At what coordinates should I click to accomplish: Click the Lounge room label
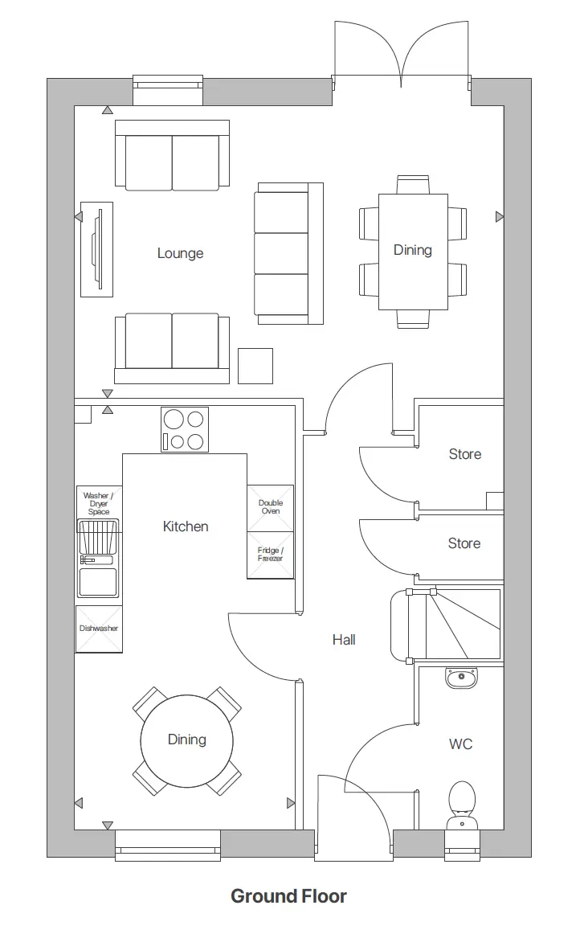coord(180,253)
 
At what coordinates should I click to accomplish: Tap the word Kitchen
coord(186,526)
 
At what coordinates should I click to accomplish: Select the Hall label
coord(344,640)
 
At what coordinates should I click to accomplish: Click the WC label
coord(460,744)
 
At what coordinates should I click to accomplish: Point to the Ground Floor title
coord(288,896)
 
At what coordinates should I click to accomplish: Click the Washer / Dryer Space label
coord(99,503)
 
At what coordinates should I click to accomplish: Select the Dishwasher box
coord(99,629)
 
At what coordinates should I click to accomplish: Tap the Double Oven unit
coord(270,507)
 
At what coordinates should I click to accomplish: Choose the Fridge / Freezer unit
coord(270,555)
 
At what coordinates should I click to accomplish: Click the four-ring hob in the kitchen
coord(185,430)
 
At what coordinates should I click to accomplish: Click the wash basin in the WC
coord(461,678)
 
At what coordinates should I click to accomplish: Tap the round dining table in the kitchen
coord(187,740)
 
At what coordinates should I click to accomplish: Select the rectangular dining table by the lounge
coord(413,251)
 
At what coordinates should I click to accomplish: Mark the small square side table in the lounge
coord(255,366)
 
